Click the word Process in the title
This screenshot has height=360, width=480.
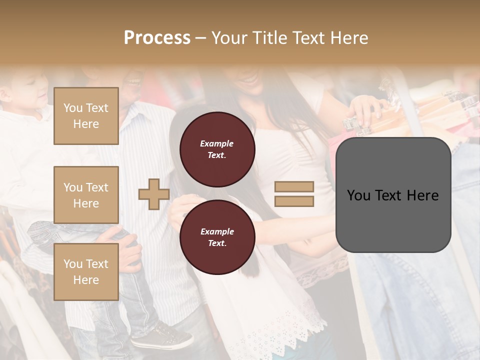point(157,38)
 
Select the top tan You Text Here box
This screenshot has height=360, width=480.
point(86,116)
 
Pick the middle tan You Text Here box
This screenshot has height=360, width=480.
point(86,195)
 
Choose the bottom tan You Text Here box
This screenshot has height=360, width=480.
point(86,272)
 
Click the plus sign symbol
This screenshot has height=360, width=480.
point(154,194)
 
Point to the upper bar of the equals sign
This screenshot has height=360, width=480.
point(294,186)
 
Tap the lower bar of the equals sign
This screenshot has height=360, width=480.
point(294,201)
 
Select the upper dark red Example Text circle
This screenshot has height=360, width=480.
point(217,149)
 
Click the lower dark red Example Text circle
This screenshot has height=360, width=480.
point(217,237)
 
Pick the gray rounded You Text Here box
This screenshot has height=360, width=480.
point(393,195)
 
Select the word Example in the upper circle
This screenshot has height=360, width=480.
point(217,143)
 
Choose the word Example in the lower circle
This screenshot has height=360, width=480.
point(217,231)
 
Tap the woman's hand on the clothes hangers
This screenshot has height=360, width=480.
point(365,107)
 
